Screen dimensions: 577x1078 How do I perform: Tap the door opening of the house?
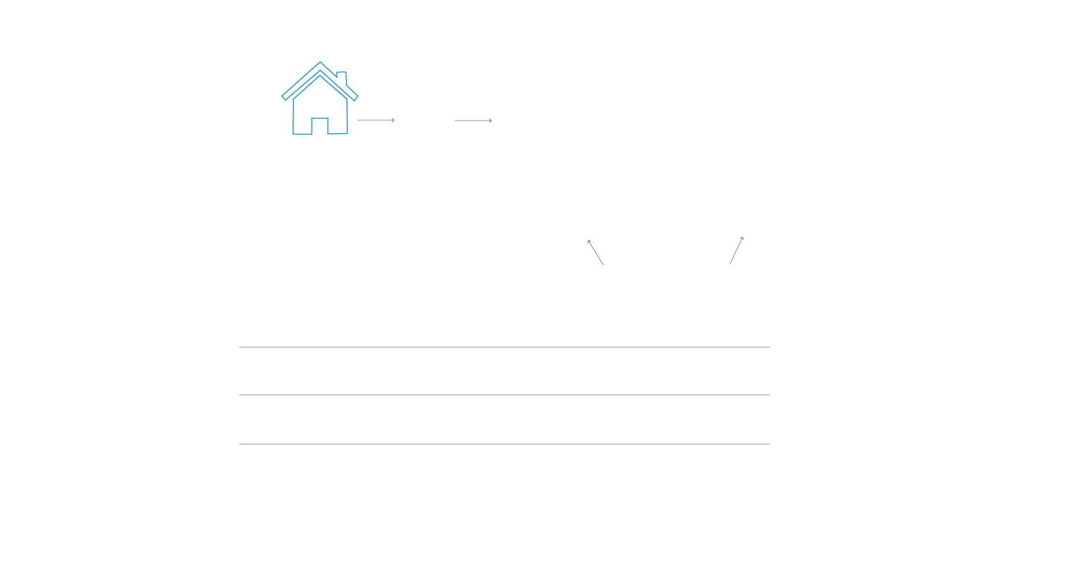point(320,126)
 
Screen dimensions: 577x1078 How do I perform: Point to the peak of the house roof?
point(320,63)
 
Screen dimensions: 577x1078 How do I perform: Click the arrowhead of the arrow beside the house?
point(393,120)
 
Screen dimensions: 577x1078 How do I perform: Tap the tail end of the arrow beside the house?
point(358,120)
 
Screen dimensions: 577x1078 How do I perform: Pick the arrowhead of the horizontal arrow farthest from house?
point(491,121)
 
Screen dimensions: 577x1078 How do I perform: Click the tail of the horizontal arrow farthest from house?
point(455,121)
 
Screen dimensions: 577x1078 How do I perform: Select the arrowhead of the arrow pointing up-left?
point(589,242)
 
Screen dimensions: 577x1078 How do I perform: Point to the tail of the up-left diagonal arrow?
point(603,264)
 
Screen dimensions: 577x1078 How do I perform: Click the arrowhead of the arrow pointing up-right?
point(742,238)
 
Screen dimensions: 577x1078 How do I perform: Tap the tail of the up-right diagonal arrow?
point(730,263)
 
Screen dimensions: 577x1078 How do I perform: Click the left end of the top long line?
point(240,347)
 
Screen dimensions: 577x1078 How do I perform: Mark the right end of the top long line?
point(769,347)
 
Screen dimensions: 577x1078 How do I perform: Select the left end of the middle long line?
point(240,395)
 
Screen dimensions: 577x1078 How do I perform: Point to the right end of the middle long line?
point(769,395)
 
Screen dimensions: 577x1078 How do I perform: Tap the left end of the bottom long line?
point(240,444)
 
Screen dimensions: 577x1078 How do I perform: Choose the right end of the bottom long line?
point(769,444)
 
